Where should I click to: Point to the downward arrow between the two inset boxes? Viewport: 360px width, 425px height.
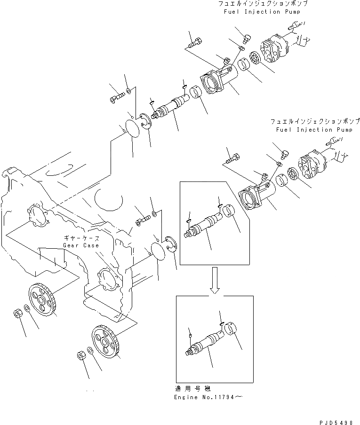(x=215, y=281)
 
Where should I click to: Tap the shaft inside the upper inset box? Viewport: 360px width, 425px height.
(x=206, y=225)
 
